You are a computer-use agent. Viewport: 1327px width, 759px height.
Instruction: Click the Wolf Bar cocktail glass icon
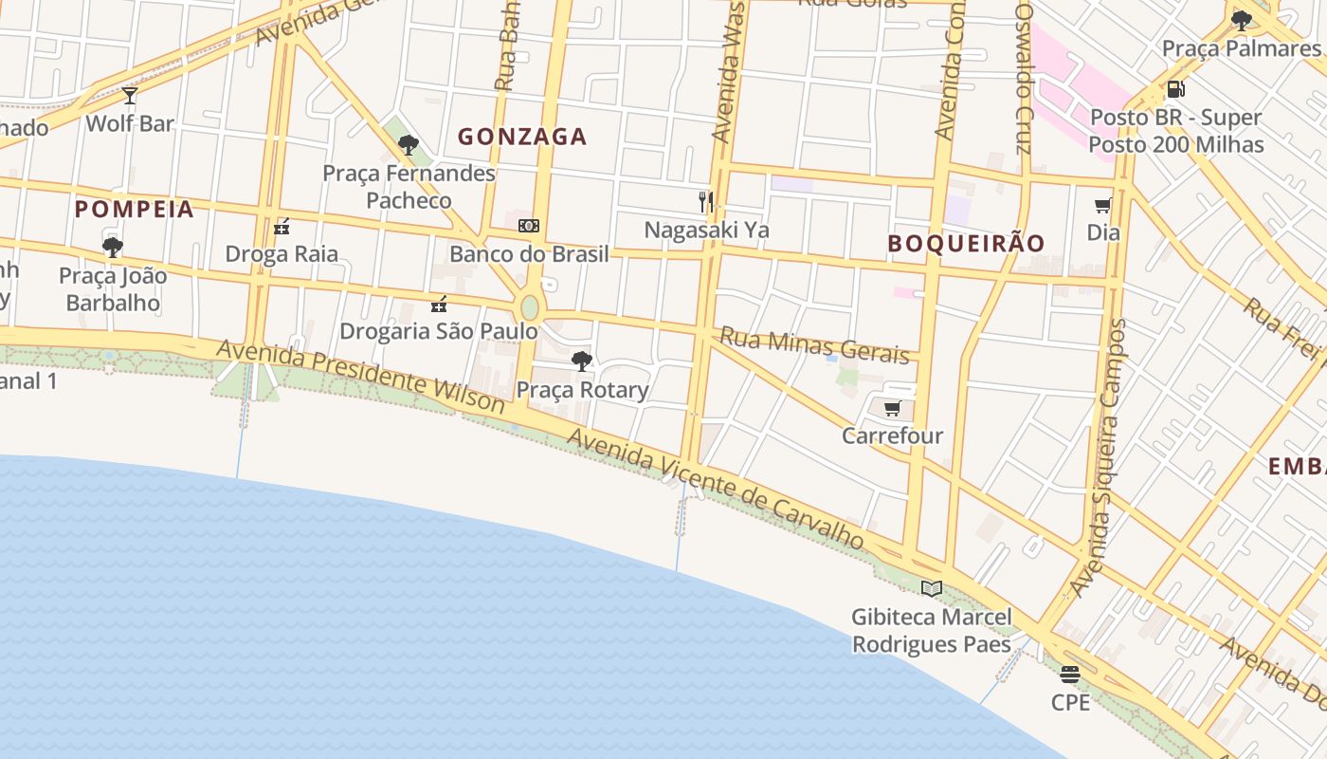[130, 95]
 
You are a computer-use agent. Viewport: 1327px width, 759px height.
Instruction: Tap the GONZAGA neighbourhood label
[522, 137]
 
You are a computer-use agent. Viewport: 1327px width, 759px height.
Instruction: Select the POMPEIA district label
[134, 210]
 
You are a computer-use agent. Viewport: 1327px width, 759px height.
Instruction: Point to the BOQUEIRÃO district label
[966, 243]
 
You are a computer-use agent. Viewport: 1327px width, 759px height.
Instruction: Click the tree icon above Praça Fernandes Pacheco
[409, 145]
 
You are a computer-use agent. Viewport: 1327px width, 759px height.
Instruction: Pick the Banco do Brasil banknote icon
[529, 226]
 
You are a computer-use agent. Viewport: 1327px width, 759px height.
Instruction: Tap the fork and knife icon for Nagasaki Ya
[705, 201]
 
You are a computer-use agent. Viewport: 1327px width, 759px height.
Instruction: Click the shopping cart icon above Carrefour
[892, 409]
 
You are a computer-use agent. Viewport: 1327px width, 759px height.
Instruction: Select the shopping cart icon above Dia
[1102, 205]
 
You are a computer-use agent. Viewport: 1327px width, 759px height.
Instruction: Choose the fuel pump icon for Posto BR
[1175, 89]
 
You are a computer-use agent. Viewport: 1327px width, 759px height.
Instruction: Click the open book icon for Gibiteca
[932, 588]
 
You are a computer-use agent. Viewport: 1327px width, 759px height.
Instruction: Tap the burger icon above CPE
[1070, 675]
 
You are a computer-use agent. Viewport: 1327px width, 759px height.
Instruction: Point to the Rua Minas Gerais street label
[814, 345]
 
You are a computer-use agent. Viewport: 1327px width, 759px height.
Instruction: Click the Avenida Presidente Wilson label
[360, 377]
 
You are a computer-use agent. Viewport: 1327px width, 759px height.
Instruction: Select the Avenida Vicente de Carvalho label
[716, 489]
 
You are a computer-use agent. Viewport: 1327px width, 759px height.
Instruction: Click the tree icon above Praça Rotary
[582, 361]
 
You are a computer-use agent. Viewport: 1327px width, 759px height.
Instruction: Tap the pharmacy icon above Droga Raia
[282, 227]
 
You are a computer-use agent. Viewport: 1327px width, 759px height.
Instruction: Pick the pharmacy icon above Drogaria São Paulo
[438, 304]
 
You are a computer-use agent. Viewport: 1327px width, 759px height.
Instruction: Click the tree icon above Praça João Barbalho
[113, 248]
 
